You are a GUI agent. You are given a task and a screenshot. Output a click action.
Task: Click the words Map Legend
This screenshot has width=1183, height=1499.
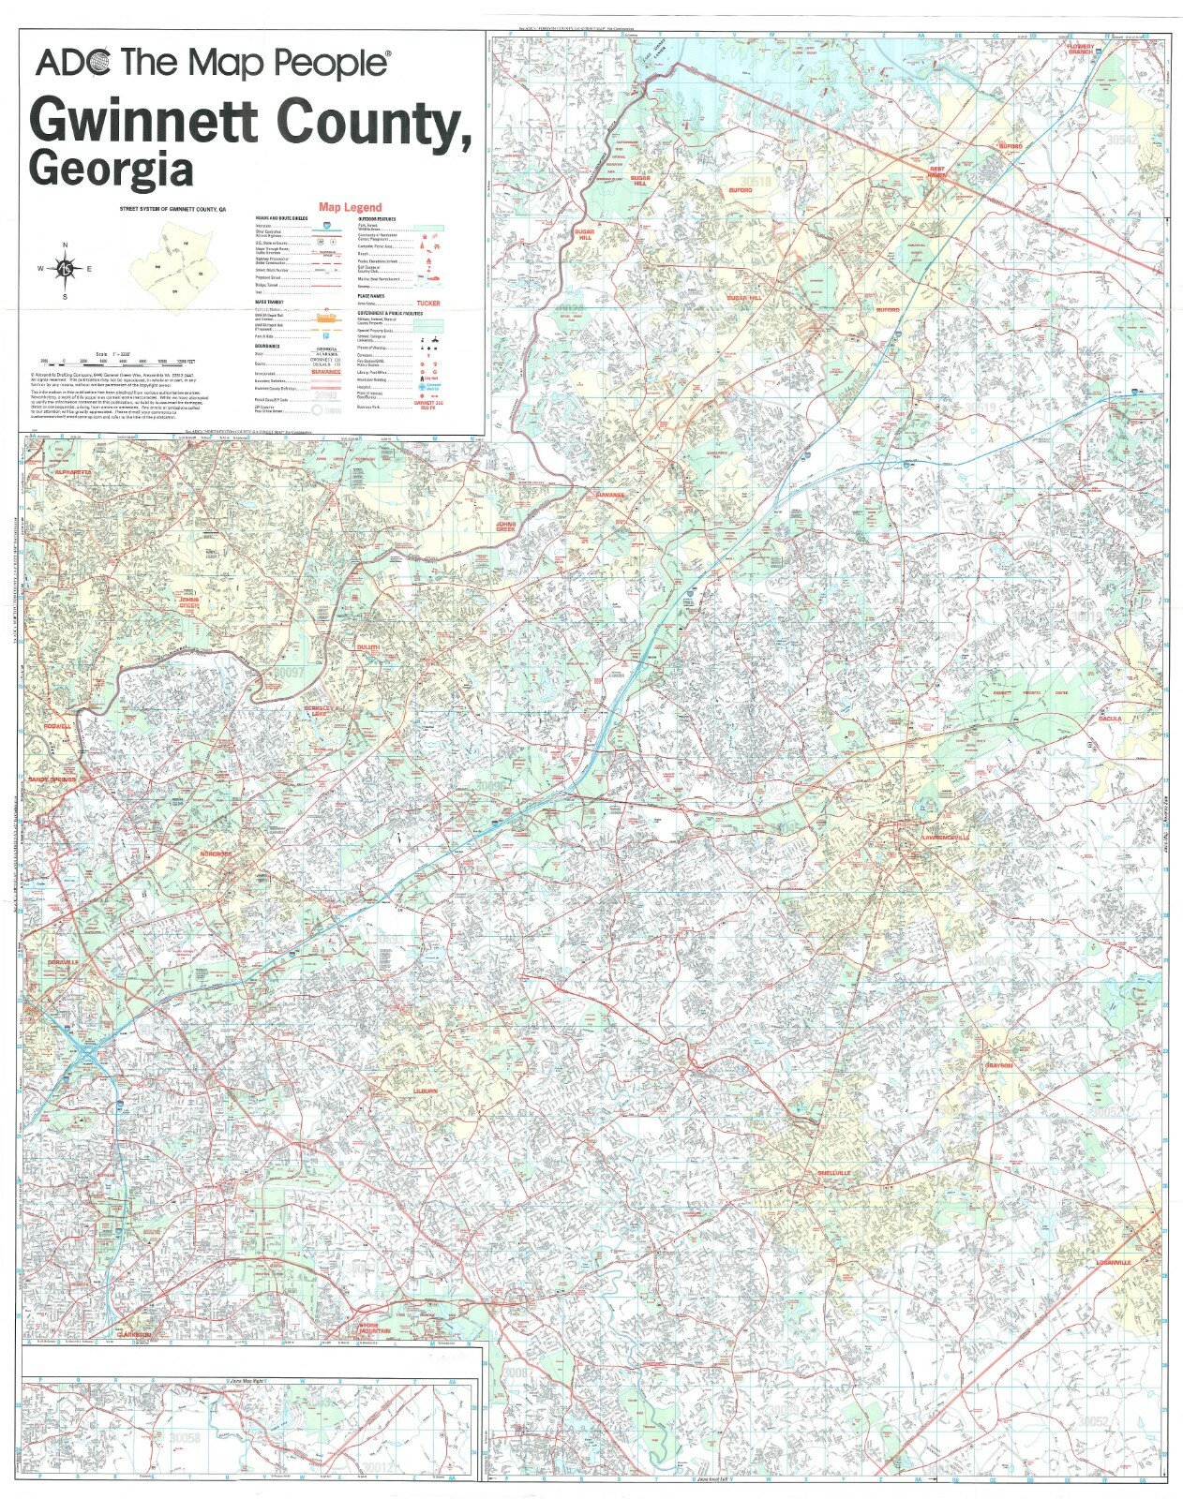coord(350,207)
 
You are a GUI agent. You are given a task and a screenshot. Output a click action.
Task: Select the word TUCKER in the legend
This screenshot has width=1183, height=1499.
coord(427,304)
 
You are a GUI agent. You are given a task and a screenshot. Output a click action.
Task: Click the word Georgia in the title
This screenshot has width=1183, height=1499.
coord(112,169)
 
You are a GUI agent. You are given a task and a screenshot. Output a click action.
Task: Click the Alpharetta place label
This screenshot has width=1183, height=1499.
coord(72,473)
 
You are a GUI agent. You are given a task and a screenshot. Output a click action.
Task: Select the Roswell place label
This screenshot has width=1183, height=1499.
coord(56,726)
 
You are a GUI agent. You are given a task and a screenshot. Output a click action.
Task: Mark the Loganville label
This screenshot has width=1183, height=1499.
coord(1114,1263)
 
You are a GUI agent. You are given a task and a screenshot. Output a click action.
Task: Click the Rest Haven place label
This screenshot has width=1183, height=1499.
coord(937,172)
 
